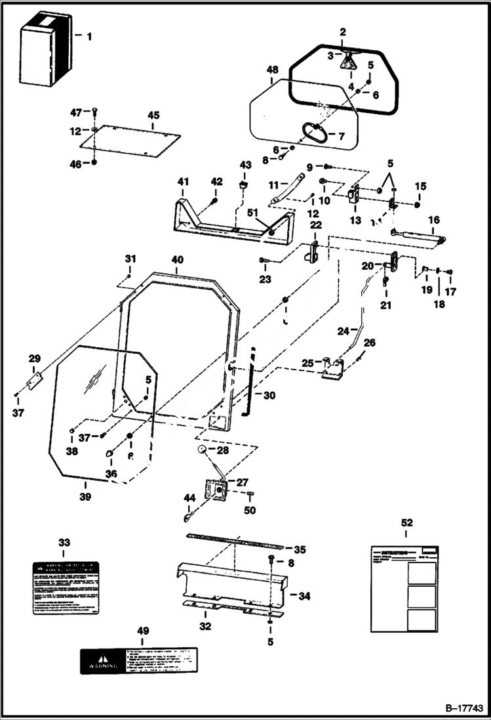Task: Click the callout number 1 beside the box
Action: pyautogui.click(x=88, y=36)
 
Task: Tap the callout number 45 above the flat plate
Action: pyautogui.click(x=153, y=116)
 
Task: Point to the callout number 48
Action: pyautogui.click(x=273, y=70)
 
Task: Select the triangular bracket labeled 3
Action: pyautogui.click(x=348, y=62)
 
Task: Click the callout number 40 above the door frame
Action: pyautogui.click(x=177, y=260)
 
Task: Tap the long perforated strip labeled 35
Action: pyautogui.click(x=234, y=540)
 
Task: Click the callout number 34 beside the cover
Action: pyautogui.click(x=304, y=596)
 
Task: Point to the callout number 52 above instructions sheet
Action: pyautogui.click(x=406, y=522)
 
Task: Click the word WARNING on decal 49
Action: pyautogui.click(x=99, y=664)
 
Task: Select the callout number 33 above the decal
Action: pyautogui.click(x=64, y=543)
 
